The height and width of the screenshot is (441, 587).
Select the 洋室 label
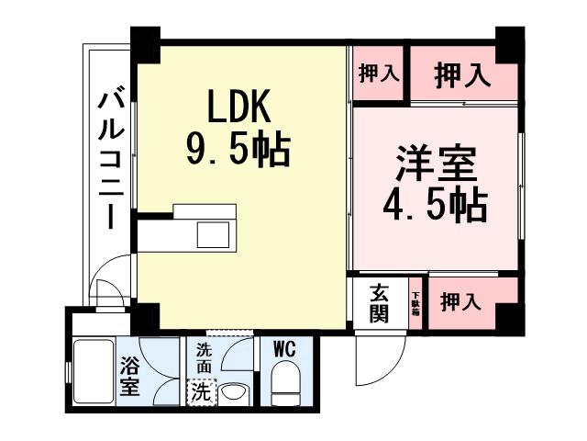click(x=435, y=166)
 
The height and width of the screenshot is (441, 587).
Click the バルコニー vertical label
click(x=111, y=156)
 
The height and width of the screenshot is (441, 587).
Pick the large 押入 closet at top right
click(x=461, y=73)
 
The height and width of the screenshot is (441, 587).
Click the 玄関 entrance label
click(x=379, y=303)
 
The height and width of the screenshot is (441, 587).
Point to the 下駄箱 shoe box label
click(x=415, y=302)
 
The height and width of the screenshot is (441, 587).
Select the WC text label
click(x=283, y=349)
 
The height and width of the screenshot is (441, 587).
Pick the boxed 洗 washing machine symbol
click(x=200, y=390)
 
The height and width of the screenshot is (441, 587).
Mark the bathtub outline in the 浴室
click(x=92, y=372)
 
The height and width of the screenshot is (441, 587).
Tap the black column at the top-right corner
click(x=509, y=43)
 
